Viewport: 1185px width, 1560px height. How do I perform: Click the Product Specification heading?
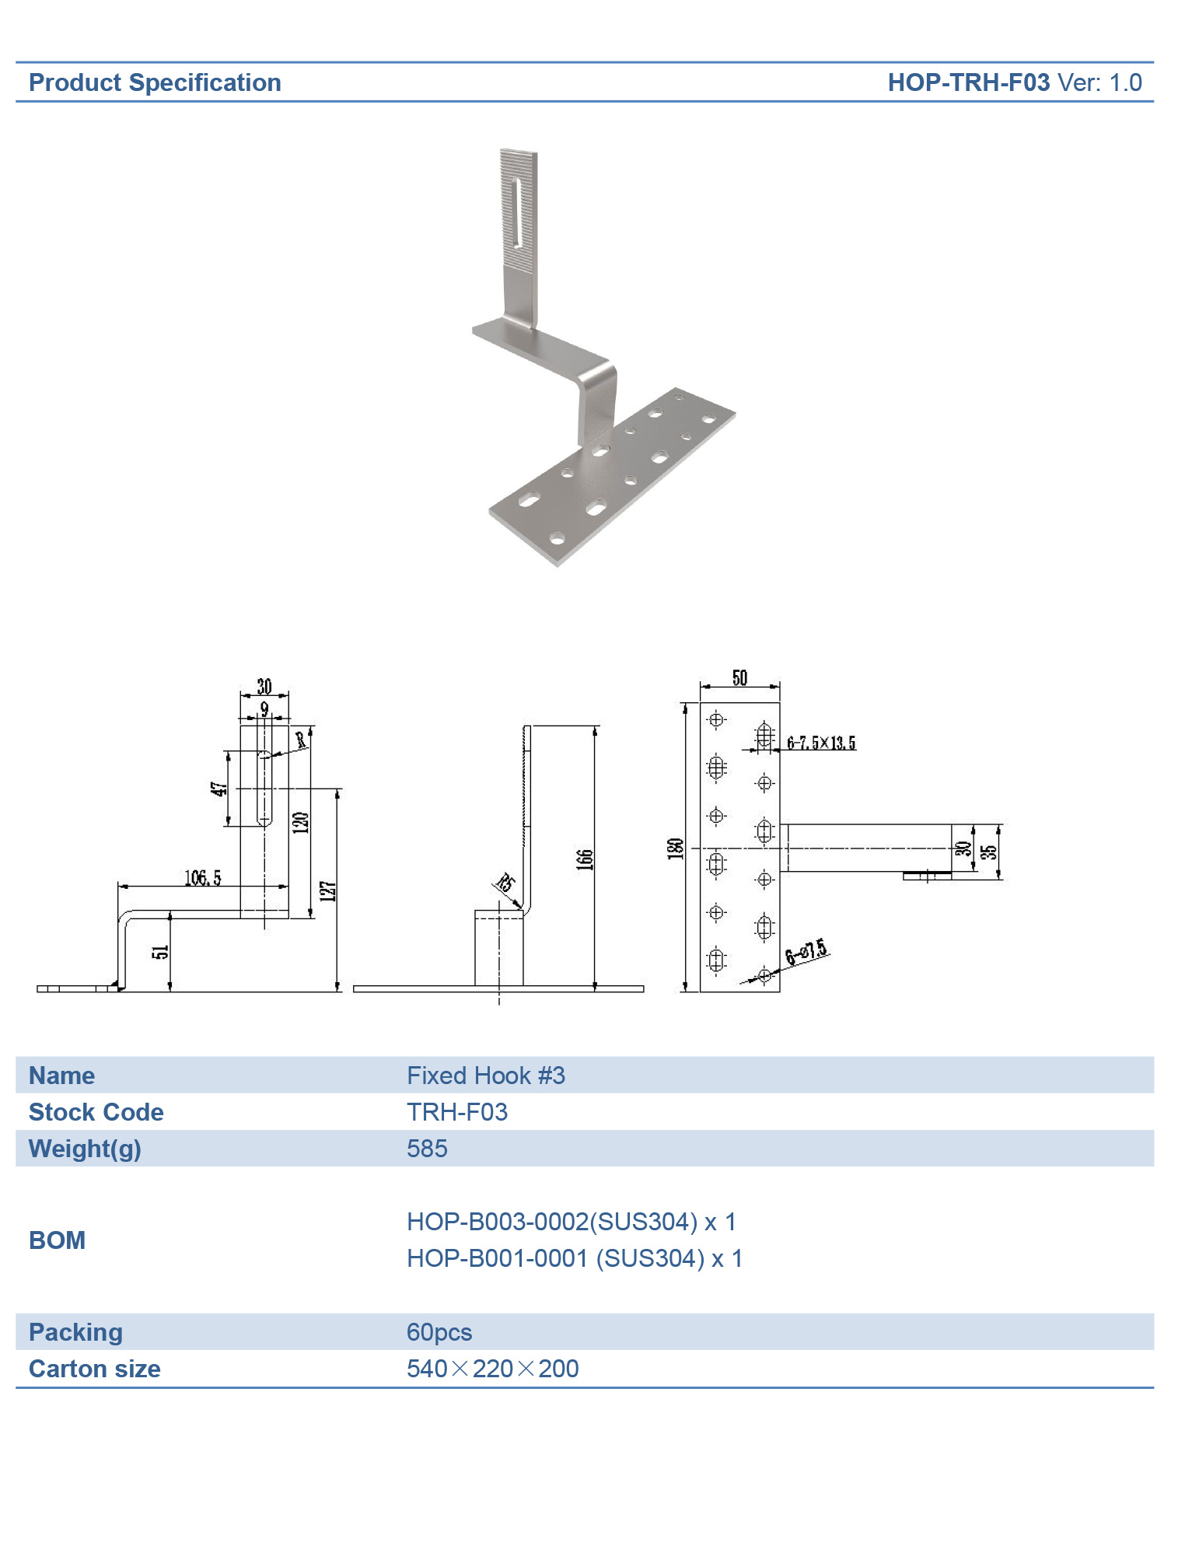pyautogui.click(x=155, y=82)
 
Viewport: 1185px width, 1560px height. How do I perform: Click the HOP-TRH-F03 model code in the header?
pyautogui.click(x=968, y=82)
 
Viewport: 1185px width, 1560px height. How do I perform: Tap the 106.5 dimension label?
pyautogui.click(x=202, y=878)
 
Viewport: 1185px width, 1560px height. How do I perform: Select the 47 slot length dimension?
pyautogui.click(x=220, y=789)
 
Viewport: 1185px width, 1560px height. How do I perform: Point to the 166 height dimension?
pyautogui.click(x=585, y=859)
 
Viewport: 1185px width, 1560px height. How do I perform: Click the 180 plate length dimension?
pyautogui.click(x=675, y=848)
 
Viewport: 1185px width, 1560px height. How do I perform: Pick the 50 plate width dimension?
pyautogui.click(x=739, y=678)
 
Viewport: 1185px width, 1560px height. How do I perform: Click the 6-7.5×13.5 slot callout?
pyautogui.click(x=821, y=743)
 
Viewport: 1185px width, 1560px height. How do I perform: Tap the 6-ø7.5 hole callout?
pyautogui.click(x=806, y=952)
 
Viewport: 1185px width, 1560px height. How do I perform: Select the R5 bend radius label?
pyautogui.click(x=505, y=883)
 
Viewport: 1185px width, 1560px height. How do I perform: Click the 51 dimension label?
pyautogui.click(x=160, y=952)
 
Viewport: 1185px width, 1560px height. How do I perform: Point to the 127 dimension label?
pyautogui.click(x=328, y=891)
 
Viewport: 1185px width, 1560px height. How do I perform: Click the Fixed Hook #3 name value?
pyautogui.click(x=486, y=1076)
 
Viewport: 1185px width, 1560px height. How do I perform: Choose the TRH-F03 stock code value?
pyautogui.click(x=457, y=1112)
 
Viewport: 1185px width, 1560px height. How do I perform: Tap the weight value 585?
pyautogui.click(x=427, y=1149)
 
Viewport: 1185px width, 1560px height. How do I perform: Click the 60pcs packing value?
pyautogui.click(x=439, y=1332)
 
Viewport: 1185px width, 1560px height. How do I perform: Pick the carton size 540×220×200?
pyautogui.click(x=492, y=1369)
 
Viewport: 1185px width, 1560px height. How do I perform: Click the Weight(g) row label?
pyautogui.click(x=85, y=1149)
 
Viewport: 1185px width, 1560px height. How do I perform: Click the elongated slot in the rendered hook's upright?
pyautogui.click(x=518, y=213)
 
